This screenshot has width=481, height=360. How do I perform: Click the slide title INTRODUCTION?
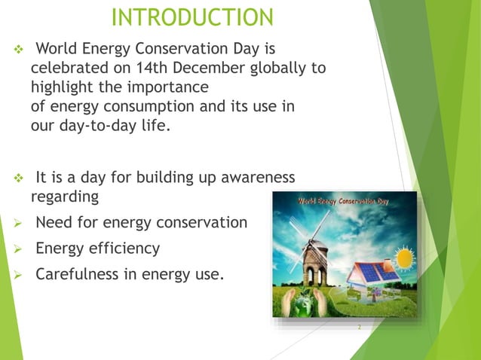(192, 17)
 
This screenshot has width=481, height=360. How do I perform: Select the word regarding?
(64, 197)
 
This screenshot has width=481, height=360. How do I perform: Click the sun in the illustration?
(405, 258)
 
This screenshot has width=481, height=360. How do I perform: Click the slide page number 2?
(360, 328)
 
